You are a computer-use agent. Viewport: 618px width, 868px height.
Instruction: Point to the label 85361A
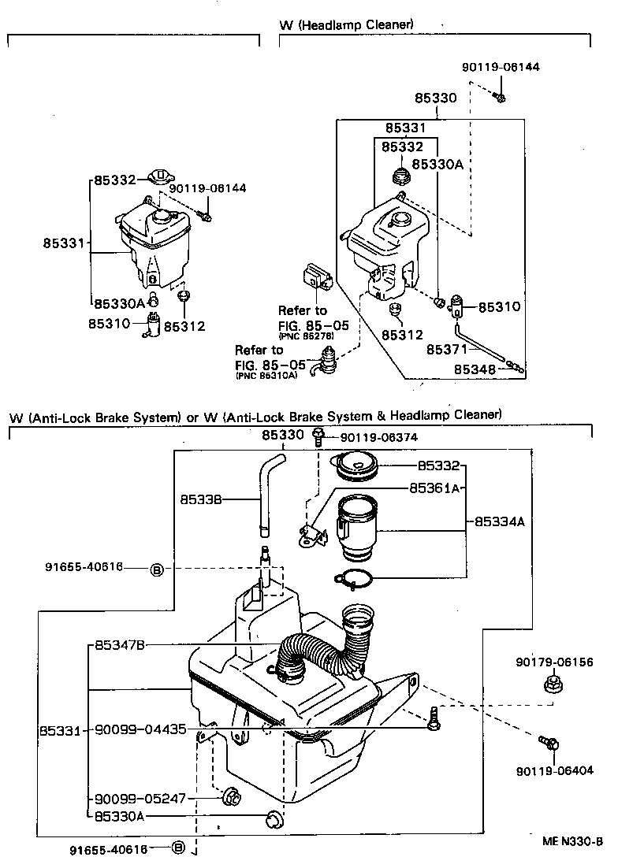[434, 488]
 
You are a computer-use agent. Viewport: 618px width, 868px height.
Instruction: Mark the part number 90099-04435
[140, 729]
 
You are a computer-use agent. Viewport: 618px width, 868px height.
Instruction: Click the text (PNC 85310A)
[266, 376]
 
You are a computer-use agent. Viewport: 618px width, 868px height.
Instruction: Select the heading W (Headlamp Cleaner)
[346, 24]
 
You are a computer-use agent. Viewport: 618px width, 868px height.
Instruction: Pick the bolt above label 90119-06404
[549, 742]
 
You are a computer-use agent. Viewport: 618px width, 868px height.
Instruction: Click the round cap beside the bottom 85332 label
[357, 467]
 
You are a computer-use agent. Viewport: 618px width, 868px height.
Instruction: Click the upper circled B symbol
[156, 569]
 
